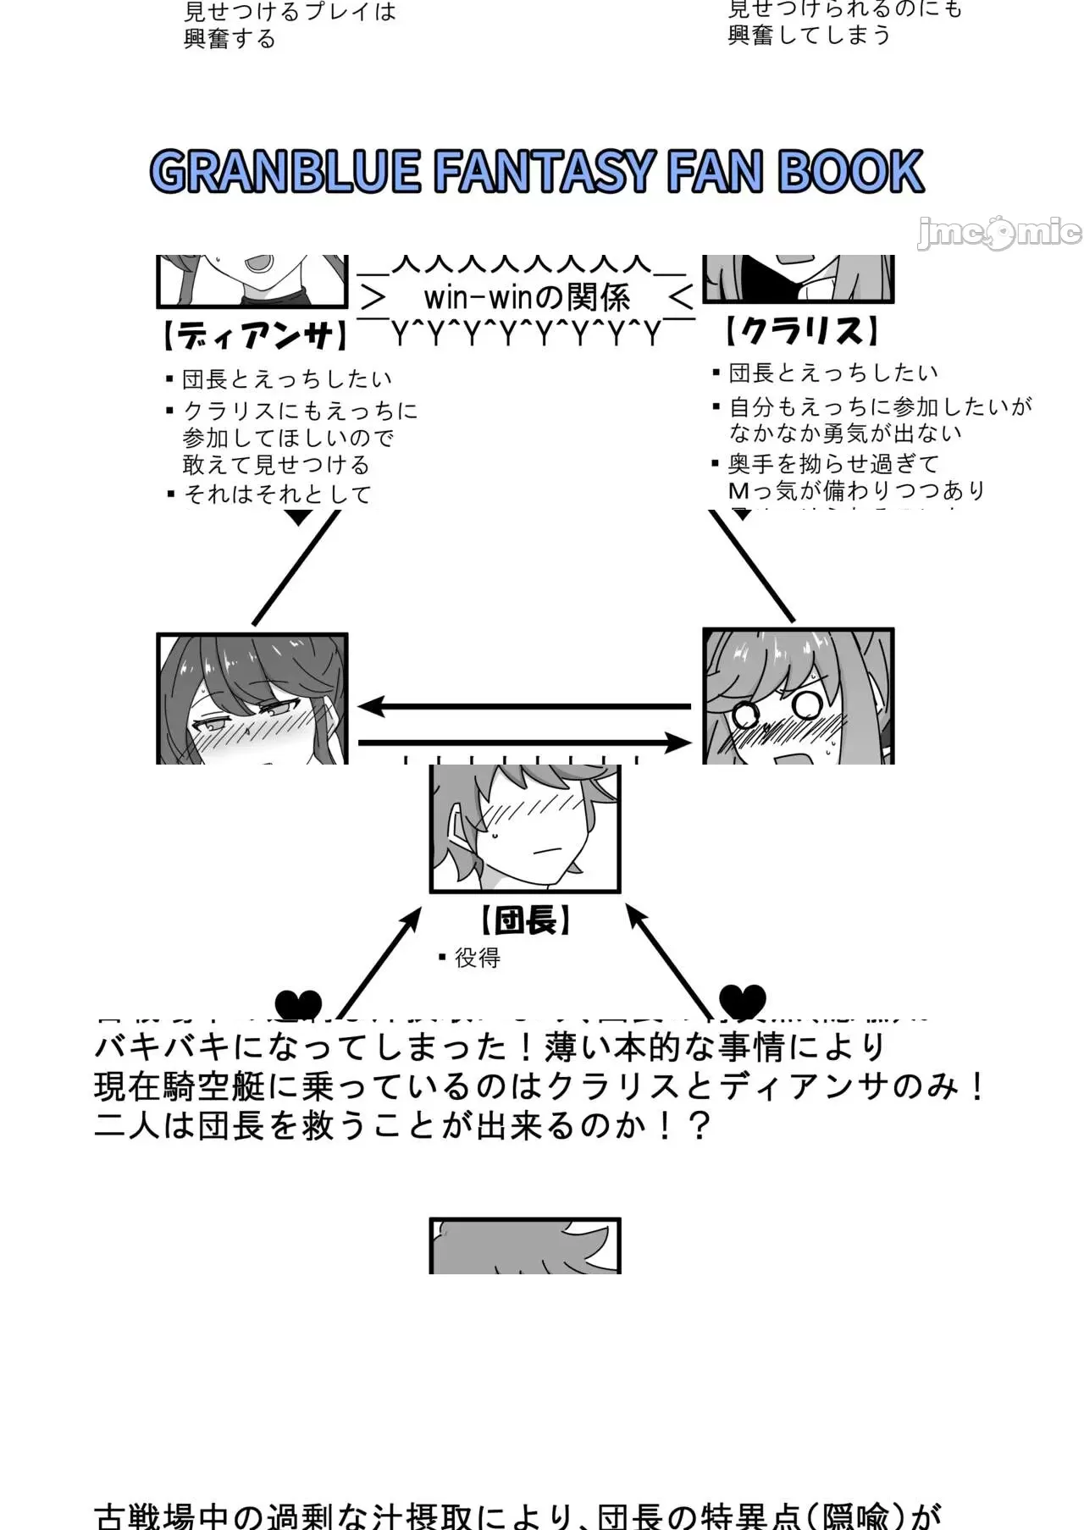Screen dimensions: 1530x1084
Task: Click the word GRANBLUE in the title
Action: click(285, 172)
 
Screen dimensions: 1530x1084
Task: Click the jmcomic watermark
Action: click(998, 232)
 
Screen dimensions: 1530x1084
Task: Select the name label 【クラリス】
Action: click(800, 331)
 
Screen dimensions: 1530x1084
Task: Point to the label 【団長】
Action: click(525, 920)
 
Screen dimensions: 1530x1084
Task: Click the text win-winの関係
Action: click(527, 297)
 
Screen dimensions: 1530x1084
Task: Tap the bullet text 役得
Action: click(477, 958)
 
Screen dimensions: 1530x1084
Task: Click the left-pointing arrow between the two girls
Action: click(525, 705)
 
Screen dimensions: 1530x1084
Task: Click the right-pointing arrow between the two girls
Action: click(525, 743)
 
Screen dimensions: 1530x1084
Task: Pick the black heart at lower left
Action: click(298, 1004)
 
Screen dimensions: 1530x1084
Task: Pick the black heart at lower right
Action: click(742, 1000)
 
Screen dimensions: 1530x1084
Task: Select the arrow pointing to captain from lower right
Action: click(668, 957)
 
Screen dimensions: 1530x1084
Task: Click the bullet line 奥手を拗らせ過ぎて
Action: click(833, 463)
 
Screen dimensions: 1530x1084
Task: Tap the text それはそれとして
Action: click(278, 494)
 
